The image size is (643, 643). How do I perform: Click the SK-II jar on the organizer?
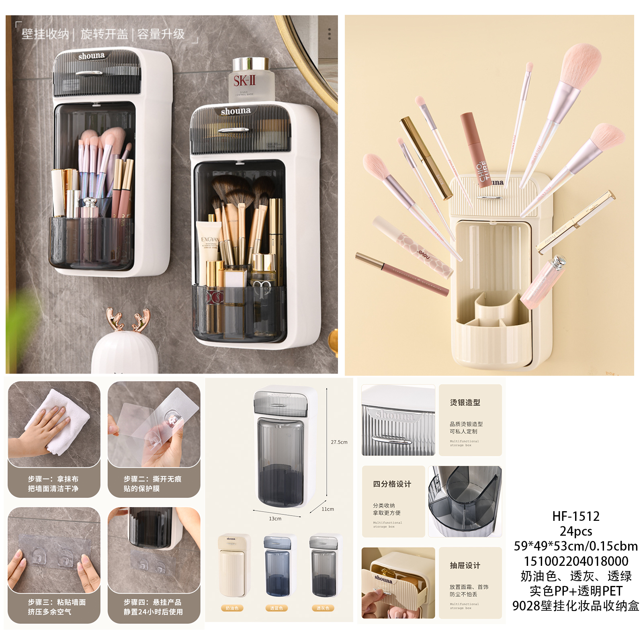point(251,80)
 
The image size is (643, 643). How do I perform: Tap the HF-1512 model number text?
point(575,516)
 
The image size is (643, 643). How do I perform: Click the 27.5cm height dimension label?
point(339,442)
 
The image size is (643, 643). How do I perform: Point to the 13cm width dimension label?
point(275,519)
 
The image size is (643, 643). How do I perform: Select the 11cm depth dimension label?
point(328,509)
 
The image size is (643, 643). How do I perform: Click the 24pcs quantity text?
point(575,531)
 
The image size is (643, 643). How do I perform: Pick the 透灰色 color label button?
point(323,608)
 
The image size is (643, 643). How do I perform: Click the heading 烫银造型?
point(465,402)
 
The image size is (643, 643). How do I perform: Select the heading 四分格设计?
point(392,484)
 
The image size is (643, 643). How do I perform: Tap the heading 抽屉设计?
point(465,565)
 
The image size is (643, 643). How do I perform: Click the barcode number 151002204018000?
point(575,561)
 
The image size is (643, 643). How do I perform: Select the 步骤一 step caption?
point(53,483)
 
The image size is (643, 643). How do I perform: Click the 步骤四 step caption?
point(153,607)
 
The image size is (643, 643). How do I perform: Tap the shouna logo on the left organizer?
point(91,56)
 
